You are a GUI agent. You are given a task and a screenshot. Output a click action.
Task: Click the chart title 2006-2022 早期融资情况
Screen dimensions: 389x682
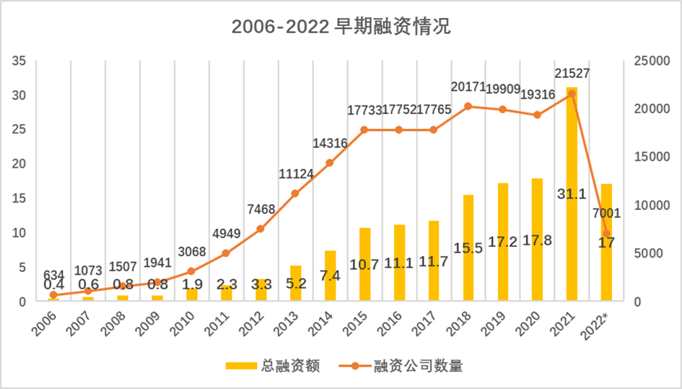coord(341,27)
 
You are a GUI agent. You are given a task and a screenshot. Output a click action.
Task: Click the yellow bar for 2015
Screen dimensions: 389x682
coord(364,264)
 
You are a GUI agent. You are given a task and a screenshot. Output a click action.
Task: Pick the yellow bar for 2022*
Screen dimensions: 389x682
coord(606,242)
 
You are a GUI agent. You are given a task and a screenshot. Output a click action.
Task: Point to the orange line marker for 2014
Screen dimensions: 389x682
coord(330,163)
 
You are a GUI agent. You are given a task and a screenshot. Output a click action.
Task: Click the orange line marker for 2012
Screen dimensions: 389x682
coord(261,229)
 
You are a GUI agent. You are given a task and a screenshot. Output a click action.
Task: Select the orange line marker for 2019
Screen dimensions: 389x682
coord(502,110)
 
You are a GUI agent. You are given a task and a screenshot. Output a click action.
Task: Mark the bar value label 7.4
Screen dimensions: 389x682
coord(330,275)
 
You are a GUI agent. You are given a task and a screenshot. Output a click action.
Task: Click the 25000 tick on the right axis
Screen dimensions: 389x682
coord(648,61)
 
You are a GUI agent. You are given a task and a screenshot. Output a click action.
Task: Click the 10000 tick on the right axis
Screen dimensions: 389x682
coord(648,205)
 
